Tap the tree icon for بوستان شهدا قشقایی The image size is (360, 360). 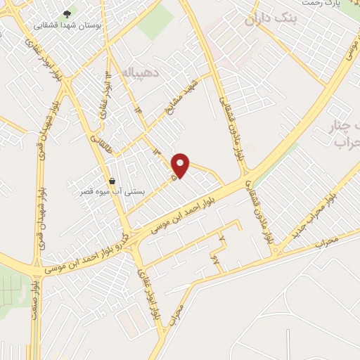click(x=67, y=13)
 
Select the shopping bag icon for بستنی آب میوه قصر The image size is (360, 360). click(x=112, y=181)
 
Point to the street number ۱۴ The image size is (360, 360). click(x=139, y=110)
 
